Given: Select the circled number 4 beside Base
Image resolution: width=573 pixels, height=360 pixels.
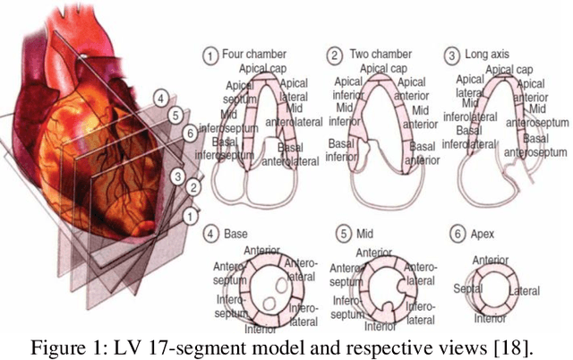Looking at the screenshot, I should [210, 235].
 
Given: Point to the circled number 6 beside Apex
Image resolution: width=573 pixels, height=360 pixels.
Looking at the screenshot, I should [457, 235].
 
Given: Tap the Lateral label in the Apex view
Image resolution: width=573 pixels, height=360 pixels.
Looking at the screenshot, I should [524, 292].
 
